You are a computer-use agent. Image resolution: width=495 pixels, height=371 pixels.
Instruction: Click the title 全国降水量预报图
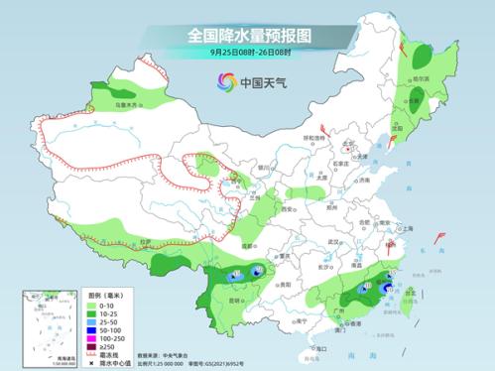tap(248, 36)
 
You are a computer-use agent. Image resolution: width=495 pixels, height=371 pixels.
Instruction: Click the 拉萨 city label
tap(145, 241)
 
